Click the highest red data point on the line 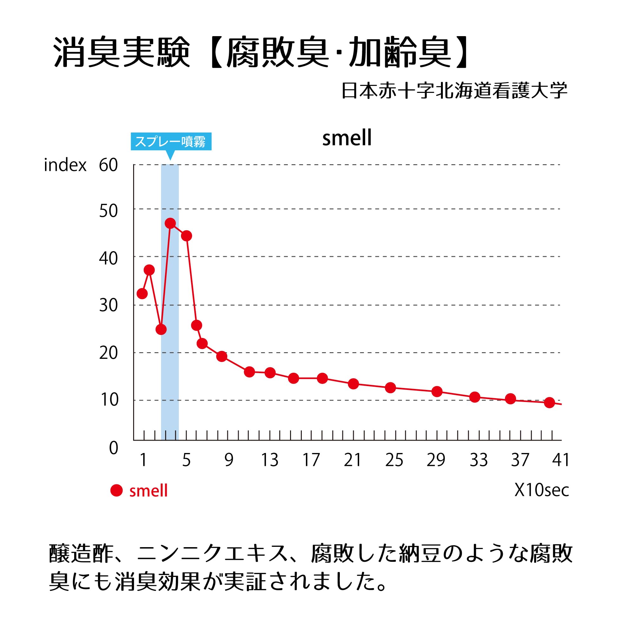[170, 223]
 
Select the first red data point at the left [142, 293]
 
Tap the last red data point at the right [549, 403]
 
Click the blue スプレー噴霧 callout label [171, 141]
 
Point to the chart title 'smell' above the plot [347, 138]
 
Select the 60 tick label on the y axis [108, 165]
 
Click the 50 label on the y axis [108, 211]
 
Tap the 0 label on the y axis [113, 448]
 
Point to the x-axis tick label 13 [269, 460]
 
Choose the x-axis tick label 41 [560, 460]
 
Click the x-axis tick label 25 [394, 460]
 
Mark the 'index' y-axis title [65, 165]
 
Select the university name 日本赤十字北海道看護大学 [454, 91]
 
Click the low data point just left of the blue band [161, 329]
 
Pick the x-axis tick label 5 [186, 460]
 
